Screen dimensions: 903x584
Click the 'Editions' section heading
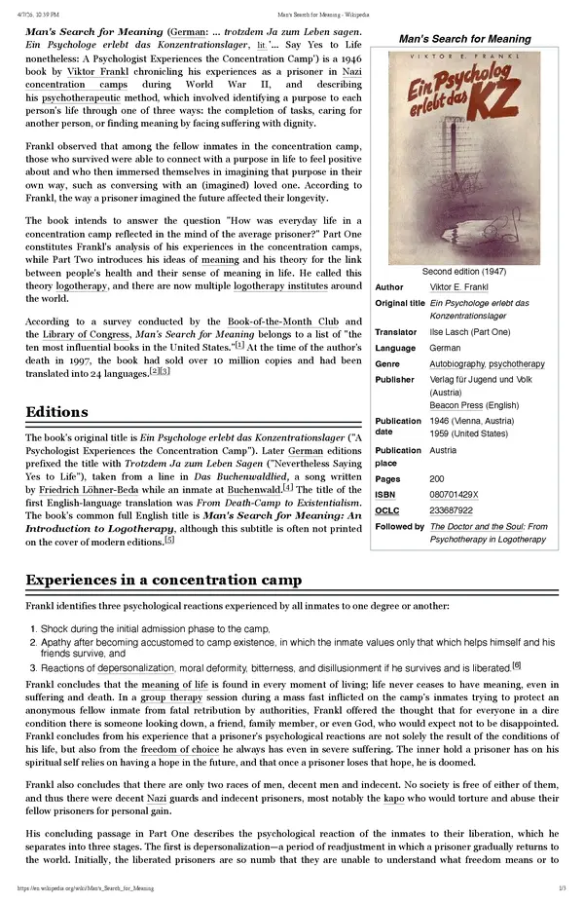click(x=57, y=412)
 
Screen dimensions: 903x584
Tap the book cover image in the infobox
click(x=464, y=156)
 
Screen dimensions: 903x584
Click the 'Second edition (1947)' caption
click(x=464, y=272)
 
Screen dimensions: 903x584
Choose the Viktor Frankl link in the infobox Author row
click(x=459, y=288)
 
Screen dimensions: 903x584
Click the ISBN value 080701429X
click(x=454, y=495)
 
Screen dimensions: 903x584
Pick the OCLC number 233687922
click(x=451, y=510)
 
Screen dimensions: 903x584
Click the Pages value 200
click(x=437, y=479)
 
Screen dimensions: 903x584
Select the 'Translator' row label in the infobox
click(x=396, y=333)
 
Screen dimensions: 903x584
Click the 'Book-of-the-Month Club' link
click(x=282, y=321)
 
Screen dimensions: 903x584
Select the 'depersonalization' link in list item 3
click(x=135, y=668)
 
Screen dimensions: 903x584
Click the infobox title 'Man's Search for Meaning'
click(x=464, y=39)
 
